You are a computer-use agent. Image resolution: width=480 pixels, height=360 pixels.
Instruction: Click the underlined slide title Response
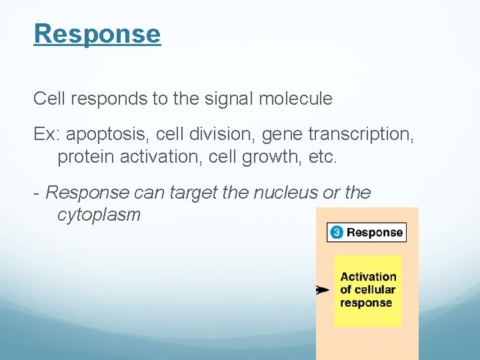click(97, 33)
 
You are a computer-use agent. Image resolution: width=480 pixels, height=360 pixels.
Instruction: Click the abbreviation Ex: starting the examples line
click(47, 135)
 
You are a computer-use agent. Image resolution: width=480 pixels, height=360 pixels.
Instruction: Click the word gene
click(281, 135)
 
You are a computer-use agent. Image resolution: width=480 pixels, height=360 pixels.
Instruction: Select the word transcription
click(361, 135)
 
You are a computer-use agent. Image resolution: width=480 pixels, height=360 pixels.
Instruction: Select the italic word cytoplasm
click(99, 215)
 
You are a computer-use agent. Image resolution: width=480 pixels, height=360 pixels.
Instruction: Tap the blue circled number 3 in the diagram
click(337, 233)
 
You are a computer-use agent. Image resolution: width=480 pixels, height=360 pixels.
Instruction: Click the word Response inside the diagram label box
click(375, 233)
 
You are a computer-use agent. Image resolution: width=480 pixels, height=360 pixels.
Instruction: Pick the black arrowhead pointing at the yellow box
click(322, 290)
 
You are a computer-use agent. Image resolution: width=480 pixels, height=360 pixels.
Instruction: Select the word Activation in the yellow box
click(368, 277)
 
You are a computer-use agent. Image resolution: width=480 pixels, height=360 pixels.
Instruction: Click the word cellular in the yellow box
click(375, 290)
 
